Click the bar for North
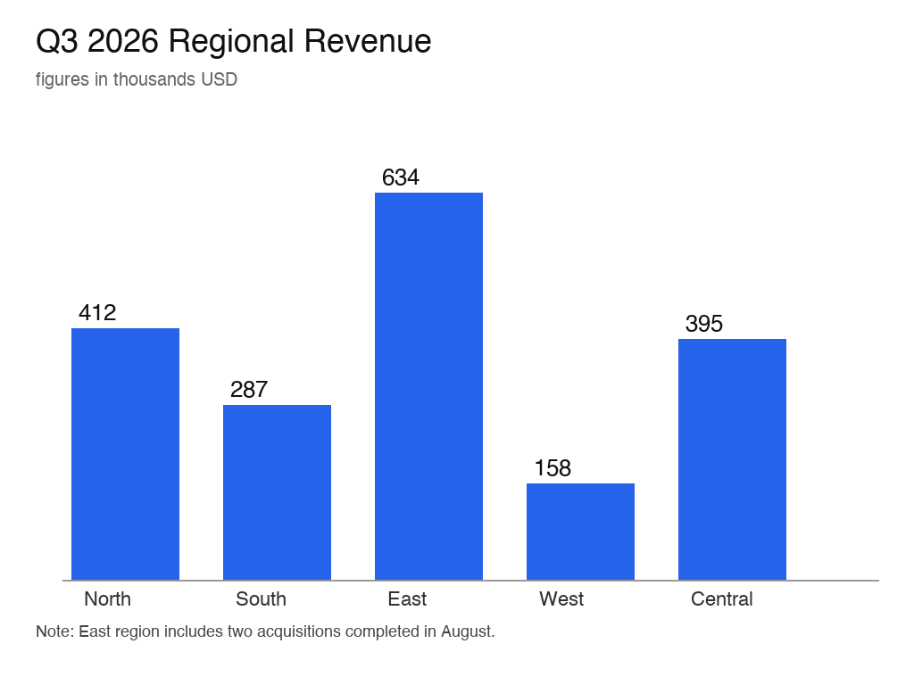coord(125,454)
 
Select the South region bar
coord(277,492)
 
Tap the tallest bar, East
coord(428,386)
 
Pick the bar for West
coord(580,532)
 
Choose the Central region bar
coord(732,459)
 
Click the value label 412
coord(97,313)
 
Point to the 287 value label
coord(249,389)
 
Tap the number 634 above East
coord(401,177)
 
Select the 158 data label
coord(553,467)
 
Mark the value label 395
coord(704,323)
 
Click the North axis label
coord(107,598)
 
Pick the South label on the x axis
coord(262,598)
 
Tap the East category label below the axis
coord(407,598)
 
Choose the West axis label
coord(561,598)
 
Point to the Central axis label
coord(721,598)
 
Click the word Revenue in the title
coord(367,41)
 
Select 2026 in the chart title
coord(122,41)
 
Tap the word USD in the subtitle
coord(220,79)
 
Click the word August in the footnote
coord(468,632)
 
